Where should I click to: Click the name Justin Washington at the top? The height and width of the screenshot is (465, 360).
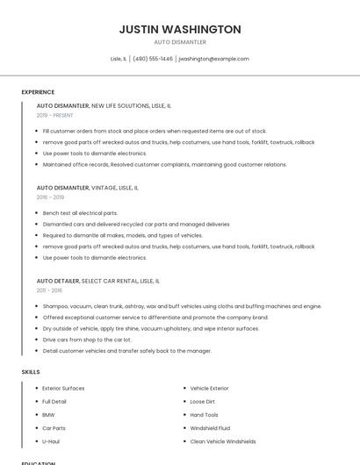click(x=180, y=29)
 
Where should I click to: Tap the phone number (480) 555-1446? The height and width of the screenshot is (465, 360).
click(x=153, y=59)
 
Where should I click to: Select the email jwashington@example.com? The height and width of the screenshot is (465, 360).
click(x=214, y=59)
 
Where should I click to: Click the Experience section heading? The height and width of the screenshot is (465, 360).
click(x=38, y=92)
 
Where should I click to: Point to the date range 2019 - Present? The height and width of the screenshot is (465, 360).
click(x=55, y=115)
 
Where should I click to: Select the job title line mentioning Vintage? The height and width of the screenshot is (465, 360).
click(x=87, y=188)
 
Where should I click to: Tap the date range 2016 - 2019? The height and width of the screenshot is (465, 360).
click(x=50, y=197)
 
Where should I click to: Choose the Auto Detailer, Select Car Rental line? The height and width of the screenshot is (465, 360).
click(x=98, y=281)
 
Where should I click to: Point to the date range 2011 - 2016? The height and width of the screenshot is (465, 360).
click(x=49, y=290)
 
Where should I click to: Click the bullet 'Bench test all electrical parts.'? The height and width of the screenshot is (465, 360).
click(x=80, y=213)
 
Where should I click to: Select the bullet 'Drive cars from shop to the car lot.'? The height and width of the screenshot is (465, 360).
click(x=87, y=340)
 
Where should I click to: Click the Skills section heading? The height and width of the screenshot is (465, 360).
click(x=31, y=372)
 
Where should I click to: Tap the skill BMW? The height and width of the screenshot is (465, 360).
click(x=48, y=415)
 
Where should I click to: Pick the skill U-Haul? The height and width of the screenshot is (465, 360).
click(x=51, y=441)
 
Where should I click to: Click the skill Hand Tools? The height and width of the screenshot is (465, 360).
click(x=205, y=415)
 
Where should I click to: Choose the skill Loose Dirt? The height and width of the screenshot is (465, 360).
click(x=203, y=402)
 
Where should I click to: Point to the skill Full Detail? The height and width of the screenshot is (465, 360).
click(x=54, y=402)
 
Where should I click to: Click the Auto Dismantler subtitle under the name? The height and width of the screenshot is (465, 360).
click(x=180, y=42)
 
